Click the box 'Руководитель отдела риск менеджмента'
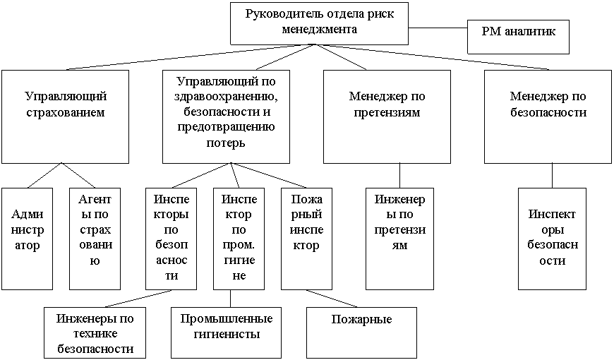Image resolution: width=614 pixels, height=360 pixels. tap(319, 23)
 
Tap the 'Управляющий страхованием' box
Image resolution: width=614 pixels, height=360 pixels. tap(65, 116)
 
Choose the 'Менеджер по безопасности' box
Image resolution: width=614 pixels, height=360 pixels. tap(548, 116)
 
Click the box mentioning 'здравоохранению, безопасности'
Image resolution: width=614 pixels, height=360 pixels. tap(225, 116)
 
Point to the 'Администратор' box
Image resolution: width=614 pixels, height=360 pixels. tap(27, 238)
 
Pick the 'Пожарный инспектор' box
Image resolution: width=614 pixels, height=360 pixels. tap(307, 238)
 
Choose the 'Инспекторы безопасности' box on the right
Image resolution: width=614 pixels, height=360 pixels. tap(551, 238)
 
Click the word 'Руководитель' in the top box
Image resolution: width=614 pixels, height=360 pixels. tap(278, 15)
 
